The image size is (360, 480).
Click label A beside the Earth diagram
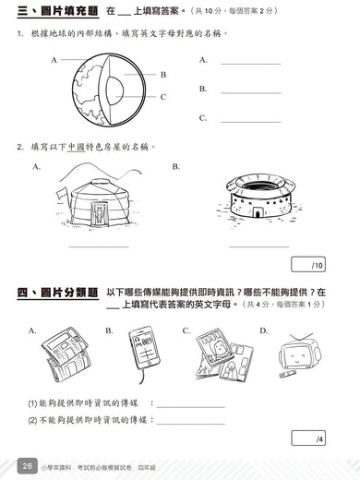coord(54,58)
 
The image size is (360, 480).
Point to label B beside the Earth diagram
coord(162,75)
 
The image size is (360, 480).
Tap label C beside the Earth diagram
coord(162,96)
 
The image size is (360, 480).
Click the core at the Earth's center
coord(115,90)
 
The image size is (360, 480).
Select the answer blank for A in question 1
coord(250,63)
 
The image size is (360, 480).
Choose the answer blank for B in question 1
coord(250,92)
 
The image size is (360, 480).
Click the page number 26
coord(29,467)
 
